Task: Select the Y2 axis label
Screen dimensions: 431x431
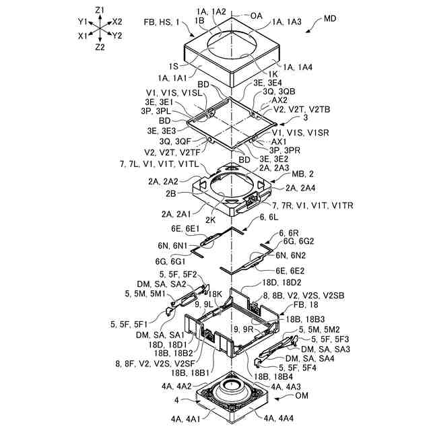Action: tap(118, 35)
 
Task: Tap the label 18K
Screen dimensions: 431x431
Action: tap(215, 294)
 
